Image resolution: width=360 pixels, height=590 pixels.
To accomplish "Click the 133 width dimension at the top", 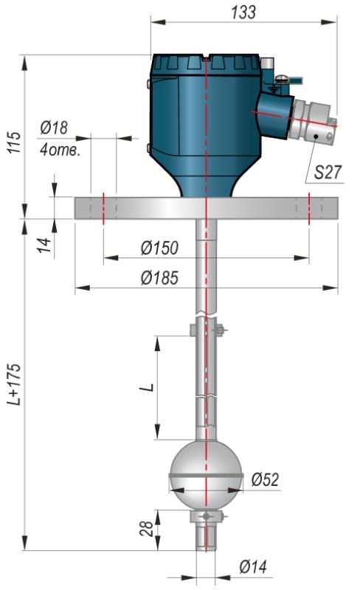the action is (x=243, y=12).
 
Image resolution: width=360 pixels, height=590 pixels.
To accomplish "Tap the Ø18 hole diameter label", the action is (x=55, y=128).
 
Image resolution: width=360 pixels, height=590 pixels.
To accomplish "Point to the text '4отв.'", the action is (x=60, y=150).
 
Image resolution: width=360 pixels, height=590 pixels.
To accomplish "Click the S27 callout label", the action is (x=328, y=173).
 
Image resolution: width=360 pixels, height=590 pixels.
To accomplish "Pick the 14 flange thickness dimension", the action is (x=45, y=245).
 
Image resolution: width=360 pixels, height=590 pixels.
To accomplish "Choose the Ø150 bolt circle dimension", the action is (x=159, y=248).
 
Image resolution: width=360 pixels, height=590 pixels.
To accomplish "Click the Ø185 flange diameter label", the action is (x=159, y=278).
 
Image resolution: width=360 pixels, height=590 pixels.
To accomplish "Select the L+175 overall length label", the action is (x=15, y=384).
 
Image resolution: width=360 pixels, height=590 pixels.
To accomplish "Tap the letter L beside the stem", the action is (x=150, y=387).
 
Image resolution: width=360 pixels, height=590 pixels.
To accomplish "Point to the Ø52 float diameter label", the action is (x=265, y=479).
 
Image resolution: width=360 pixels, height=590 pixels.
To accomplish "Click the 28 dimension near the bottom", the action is (x=147, y=528).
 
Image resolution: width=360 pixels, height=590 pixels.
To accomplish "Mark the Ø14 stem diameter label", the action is (x=254, y=566).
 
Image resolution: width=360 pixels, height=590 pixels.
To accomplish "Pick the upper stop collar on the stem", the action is (x=207, y=330).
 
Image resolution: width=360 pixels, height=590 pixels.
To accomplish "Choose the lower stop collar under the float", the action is (x=206, y=516).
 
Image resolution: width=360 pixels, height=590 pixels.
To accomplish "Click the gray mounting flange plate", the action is (x=206, y=208).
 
